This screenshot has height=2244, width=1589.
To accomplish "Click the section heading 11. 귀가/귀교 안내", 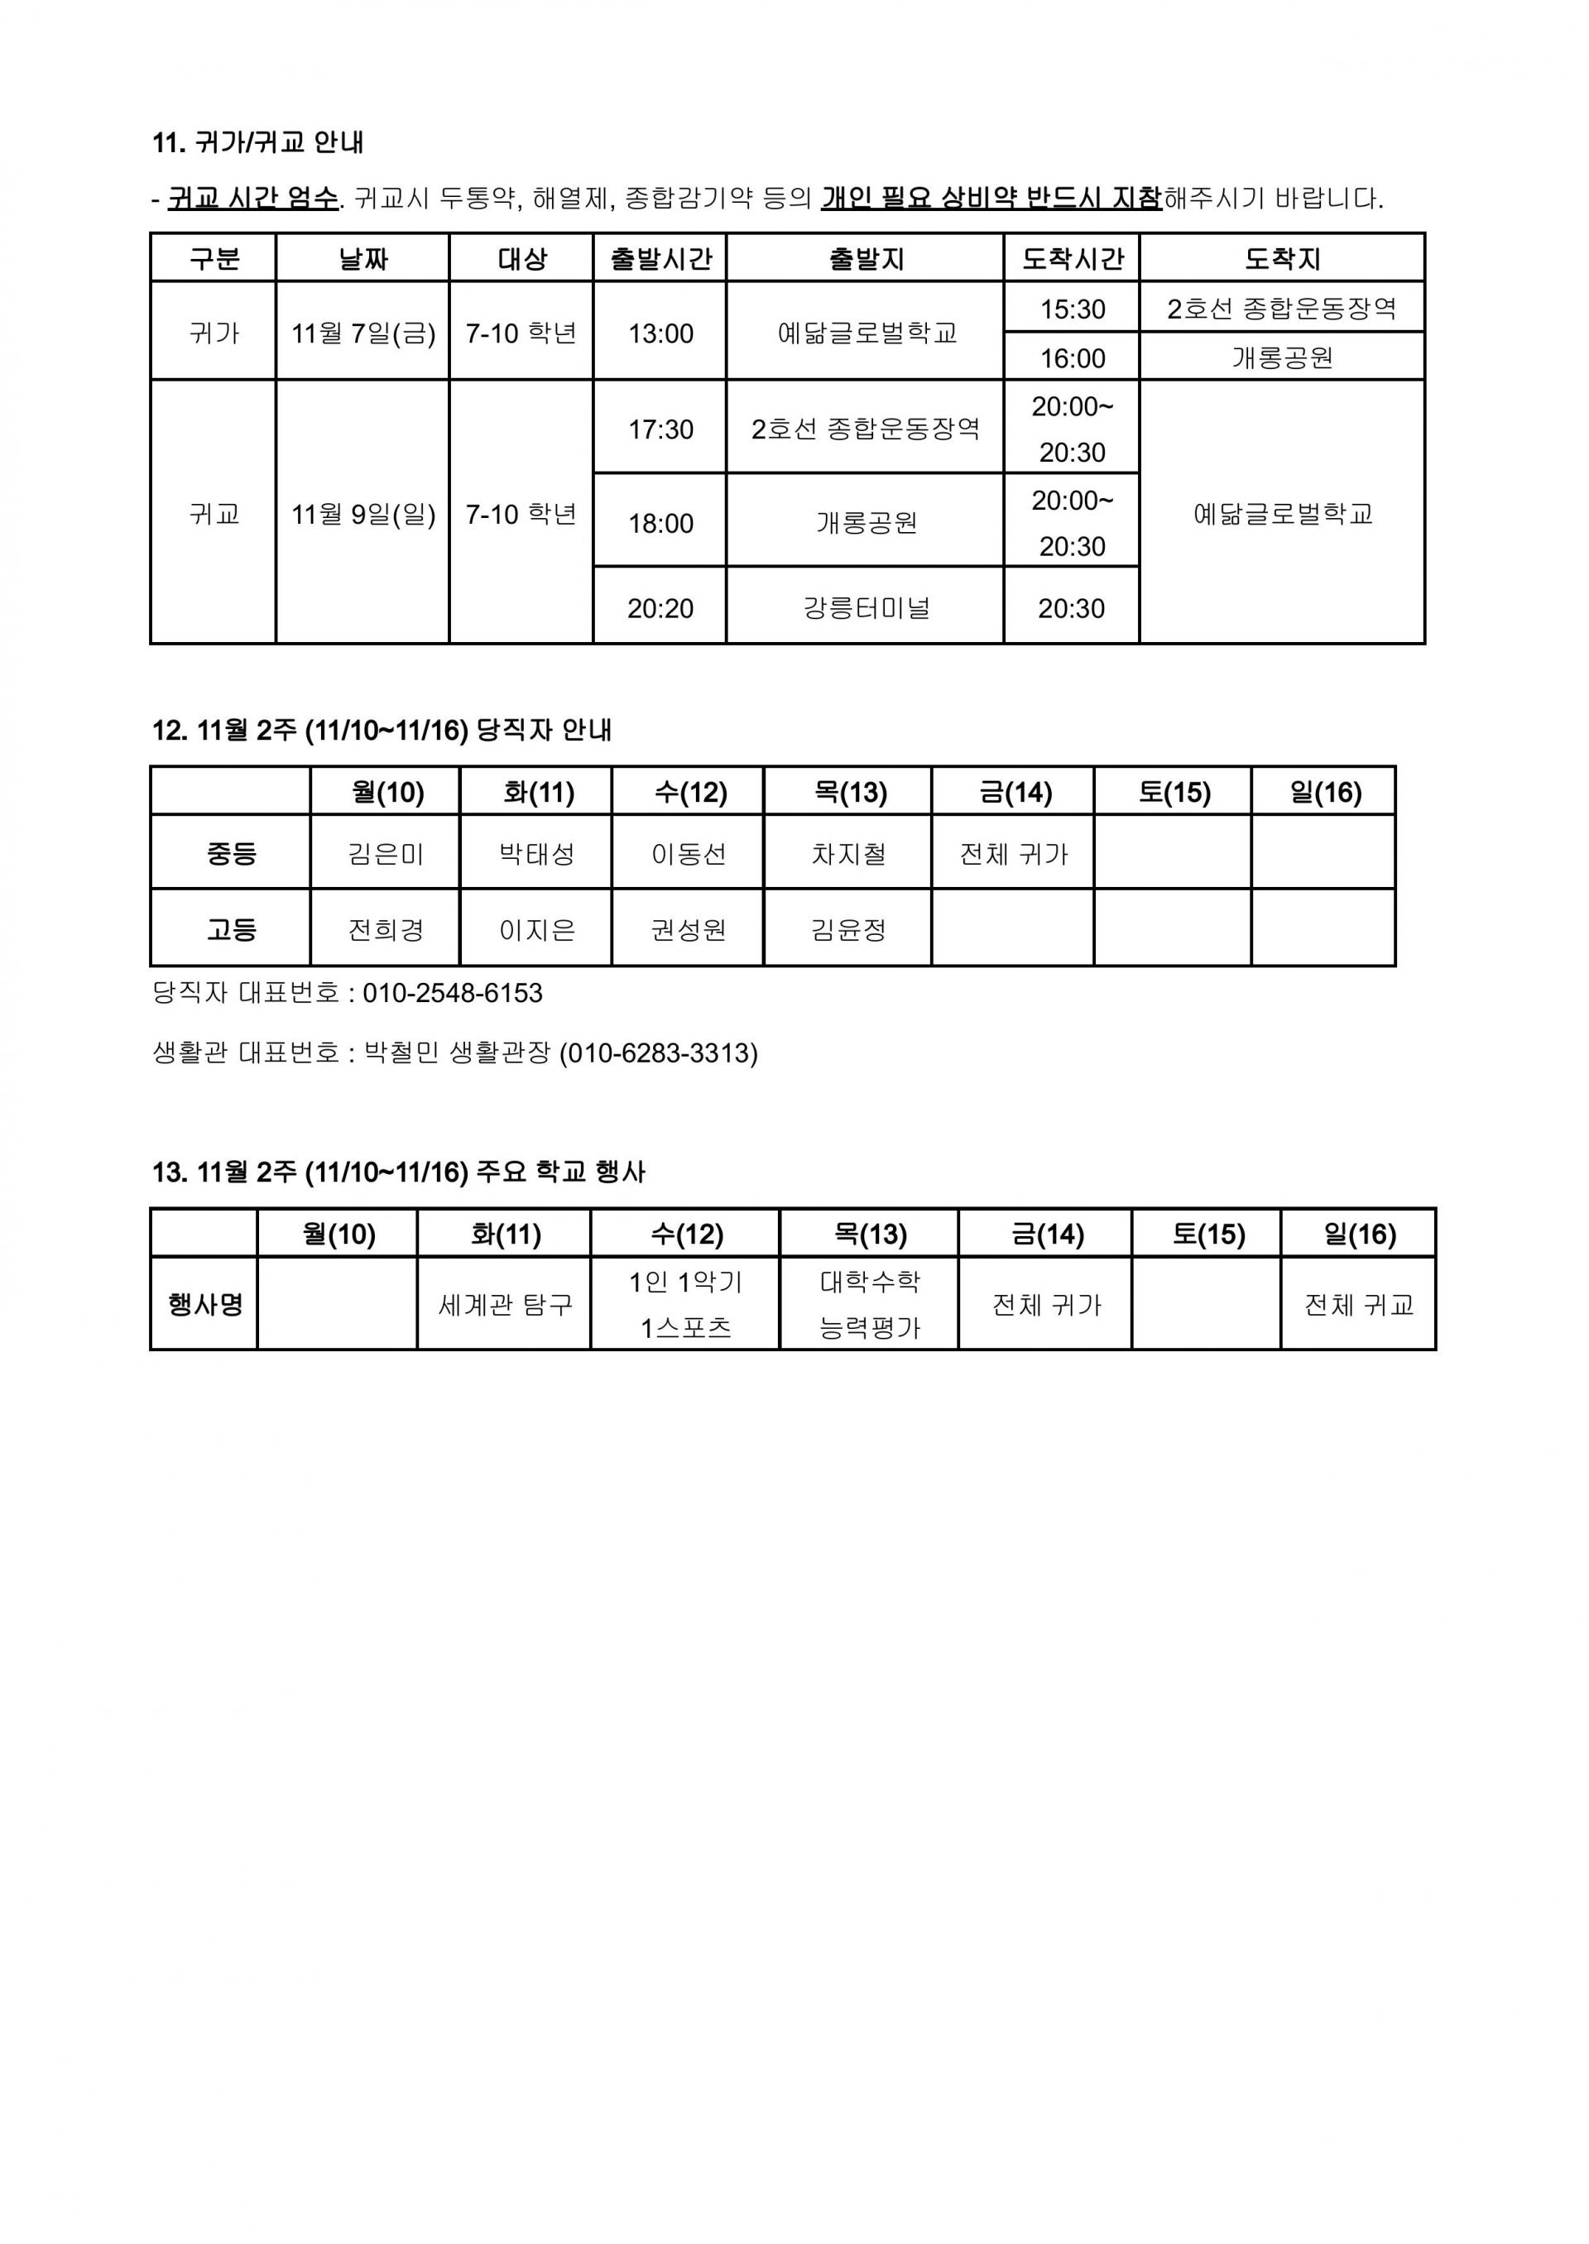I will pyautogui.click(x=258, y=143).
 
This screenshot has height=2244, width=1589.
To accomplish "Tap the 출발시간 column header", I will pyautogui.click(x=660, y=259).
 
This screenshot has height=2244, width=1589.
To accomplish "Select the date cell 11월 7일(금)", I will pyautogui.click(x=363, y=333).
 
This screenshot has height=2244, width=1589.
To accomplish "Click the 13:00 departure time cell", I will pyautogui.click(x=660, y=333).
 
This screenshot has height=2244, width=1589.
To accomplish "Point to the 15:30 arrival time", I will pyautogui.click(x=1073, y=309).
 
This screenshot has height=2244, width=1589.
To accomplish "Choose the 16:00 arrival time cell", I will pyautogui.click(x=1073, y=358).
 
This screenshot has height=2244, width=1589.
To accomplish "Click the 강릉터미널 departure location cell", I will pyautogui.click(x=866, y=608).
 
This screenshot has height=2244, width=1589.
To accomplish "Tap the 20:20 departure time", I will pyautogui.click(x=660, y=608).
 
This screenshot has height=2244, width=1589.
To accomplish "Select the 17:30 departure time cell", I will pyautogui.click(x=660, y=429).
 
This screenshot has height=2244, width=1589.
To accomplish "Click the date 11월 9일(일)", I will pyautogui.click(x=363, y=515).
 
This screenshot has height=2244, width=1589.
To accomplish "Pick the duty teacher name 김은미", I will pyautogui.click(x=386, y=855).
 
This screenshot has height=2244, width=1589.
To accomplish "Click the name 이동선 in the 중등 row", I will pyautogui.click(x=689, y=855).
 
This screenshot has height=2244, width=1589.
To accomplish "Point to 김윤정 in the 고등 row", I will pyautogui.click(x=848, y=929).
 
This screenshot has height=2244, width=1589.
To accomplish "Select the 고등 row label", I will pyautogui.click(x=232, y=929).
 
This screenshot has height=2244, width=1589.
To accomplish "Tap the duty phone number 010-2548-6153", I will pyautogui.click(x=452, y=994).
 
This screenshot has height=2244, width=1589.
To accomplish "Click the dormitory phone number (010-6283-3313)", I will pyautogui.click(x=659, y=1053).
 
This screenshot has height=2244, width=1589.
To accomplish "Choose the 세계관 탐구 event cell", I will pyautogui.click(x=505, y=1305).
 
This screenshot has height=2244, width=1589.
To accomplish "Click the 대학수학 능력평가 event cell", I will pyautogui.click(x=870, y=1305).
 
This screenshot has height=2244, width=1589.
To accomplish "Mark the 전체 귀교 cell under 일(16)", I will pyautogui.click(x=1359, y=1305).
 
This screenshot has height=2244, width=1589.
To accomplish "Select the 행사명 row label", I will pyautogui.click(x=205, y=1305).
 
